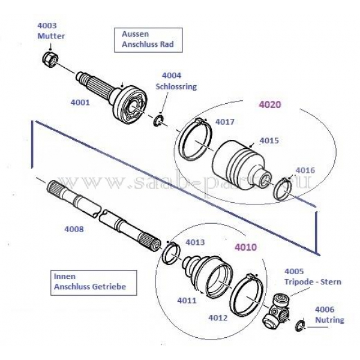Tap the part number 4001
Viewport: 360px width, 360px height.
tap(80, 102)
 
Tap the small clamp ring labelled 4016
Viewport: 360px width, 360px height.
tap(284, 187)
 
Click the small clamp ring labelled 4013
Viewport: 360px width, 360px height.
tap(169, 252)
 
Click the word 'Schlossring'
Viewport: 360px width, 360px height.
tap(179, 86)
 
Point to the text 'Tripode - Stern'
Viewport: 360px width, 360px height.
tap(313, 281)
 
